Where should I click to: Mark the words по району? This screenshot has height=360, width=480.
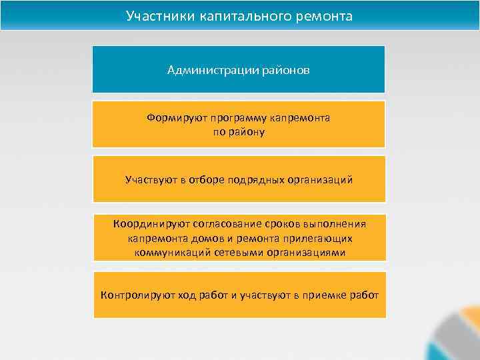click(x=239, y=132)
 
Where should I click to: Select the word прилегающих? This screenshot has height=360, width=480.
click(x=318, y=238)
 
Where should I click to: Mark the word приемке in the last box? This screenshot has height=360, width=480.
click(x=325, y=295)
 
